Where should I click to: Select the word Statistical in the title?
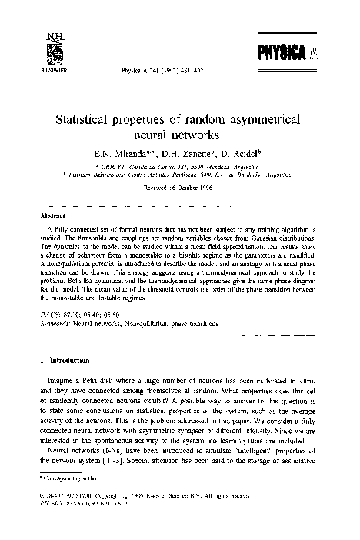pos(84,121)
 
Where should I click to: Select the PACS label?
pos(49,315)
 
